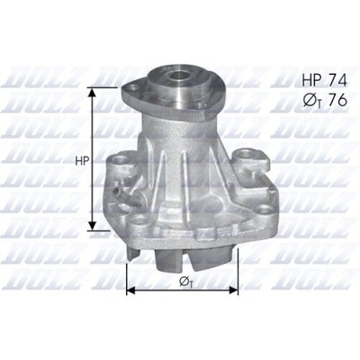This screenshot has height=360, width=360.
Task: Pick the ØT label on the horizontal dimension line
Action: click(185, 283)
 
